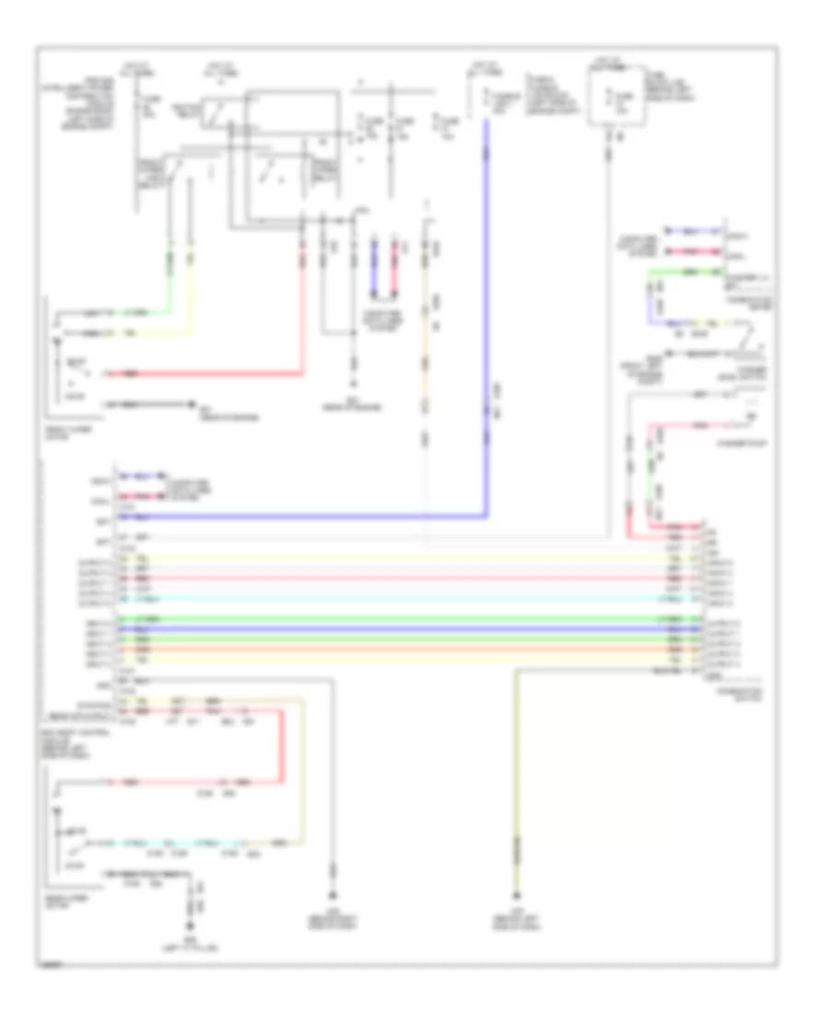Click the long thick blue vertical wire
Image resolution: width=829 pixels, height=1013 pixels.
coord(486,322)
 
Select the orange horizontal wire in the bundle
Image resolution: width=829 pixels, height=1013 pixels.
coord(405,650)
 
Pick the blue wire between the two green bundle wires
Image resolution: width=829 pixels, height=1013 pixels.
coord(405,630)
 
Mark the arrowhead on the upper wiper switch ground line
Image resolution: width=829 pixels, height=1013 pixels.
coord(192,403)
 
